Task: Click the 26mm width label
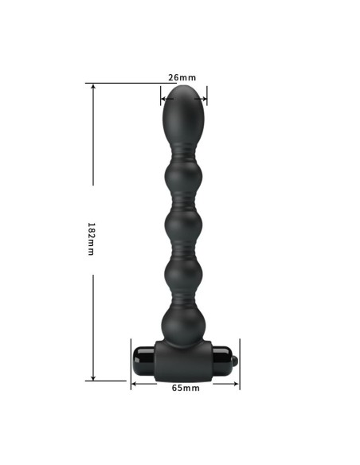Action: [x=182, y=77]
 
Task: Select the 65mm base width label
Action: [x=186, y=388]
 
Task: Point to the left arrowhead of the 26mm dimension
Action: [x=162, y=100]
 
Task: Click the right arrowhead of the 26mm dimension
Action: [x=205, y=100]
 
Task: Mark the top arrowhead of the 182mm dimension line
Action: [x=94, y=86]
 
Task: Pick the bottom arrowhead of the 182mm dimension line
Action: [x=94, y=377]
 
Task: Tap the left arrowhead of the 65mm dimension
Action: [x=134, y=383]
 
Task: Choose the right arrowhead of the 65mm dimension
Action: [x=237, y=383]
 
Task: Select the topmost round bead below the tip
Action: [x=184, y=170]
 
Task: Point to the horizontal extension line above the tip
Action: [x=127, y=83]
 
